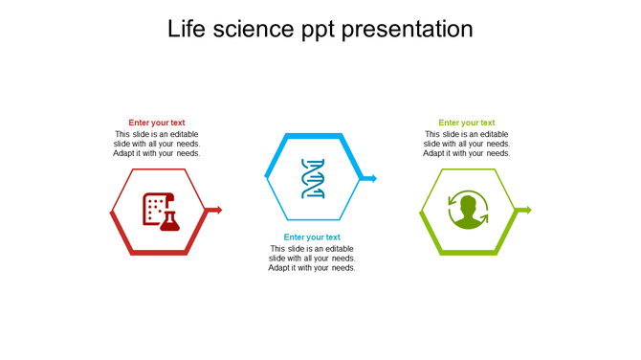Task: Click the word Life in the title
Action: (x=187, y=30)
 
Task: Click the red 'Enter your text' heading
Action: (x=157, y=123)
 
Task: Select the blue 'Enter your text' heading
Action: (x=312, y=237)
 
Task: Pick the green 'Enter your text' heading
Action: (x=467, y=123)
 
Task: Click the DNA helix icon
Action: (x=313, y=179)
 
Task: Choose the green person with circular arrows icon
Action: (x=468, y=211)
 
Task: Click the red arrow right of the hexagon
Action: (x=215, y=210)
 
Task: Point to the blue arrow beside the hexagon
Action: (x=370, y=178)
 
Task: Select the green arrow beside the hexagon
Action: (x=524, y=210)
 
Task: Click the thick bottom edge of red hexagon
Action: (x=158, y=252)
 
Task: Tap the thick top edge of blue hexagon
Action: (x=313, y=136)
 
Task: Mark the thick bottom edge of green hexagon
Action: (x=468, y=252)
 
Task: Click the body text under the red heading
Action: (x=157, y=144)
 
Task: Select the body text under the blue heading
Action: (x=312, y=259)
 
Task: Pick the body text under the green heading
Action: (x=467, y=144)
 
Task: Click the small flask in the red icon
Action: (x=170, y=221)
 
